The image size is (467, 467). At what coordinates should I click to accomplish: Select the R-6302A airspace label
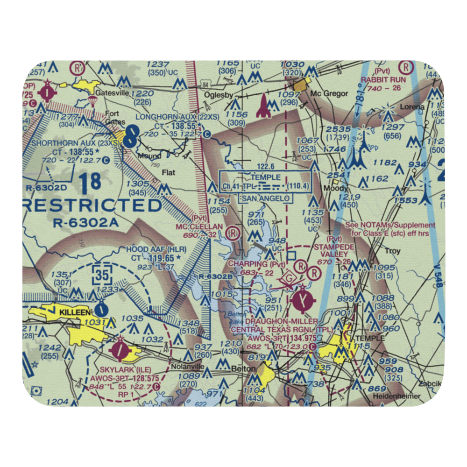coord(86,223)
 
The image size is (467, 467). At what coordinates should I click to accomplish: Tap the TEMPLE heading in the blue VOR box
coord(265,177)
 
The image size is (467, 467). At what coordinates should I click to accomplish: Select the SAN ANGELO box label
coord(267,198)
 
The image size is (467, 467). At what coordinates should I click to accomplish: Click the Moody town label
coord(338,188)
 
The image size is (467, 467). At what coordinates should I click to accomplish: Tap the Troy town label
coord(392,251)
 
